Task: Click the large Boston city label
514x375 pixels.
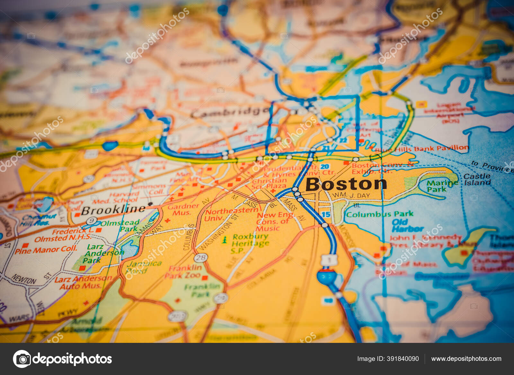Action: coord(346,184)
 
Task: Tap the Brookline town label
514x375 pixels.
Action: coord(113,210)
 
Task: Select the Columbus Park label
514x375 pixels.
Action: coord(379,214)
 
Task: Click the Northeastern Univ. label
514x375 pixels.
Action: coord(231,214)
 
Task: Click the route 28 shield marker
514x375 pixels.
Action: coord(200,258)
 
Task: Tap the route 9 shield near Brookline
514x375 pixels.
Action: coord(92,221)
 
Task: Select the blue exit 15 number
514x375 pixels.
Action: coord(326,214)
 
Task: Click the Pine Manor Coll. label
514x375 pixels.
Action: coord(46,250)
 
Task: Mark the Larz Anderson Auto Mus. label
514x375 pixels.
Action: coord(83,282)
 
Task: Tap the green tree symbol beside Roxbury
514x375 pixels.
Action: coord(225,239)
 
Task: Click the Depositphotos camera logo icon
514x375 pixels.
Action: coord(22,359)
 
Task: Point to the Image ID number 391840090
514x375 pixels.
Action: coord(403,359)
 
